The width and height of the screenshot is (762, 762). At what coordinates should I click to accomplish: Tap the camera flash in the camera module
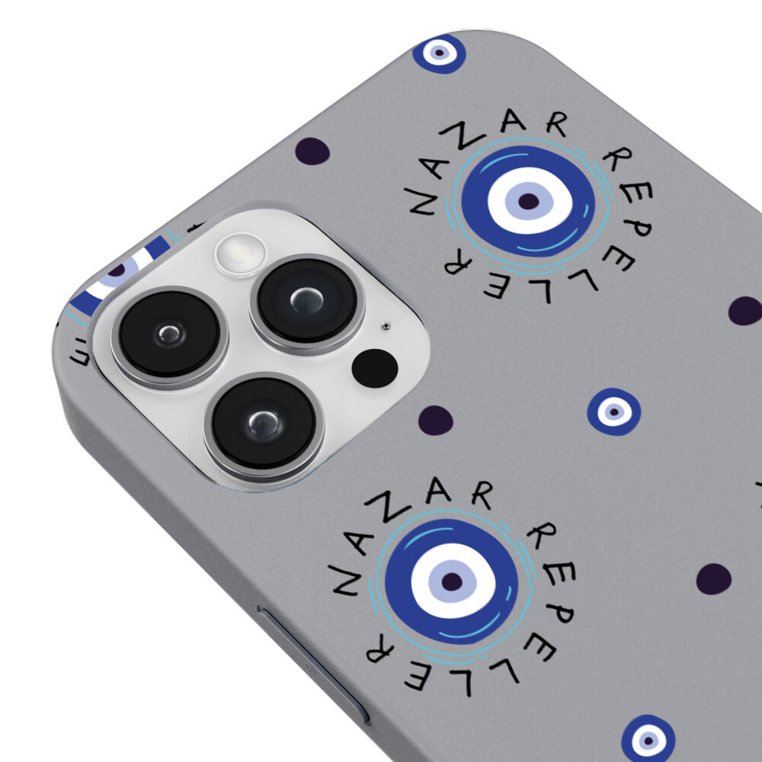[x=241, y=254]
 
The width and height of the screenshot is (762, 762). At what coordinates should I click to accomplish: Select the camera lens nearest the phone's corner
[x=170, y=335]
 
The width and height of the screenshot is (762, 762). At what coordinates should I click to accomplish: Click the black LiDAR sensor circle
[x=375, y=368]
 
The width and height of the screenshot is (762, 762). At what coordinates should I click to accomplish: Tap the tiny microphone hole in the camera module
[x=386, y=326]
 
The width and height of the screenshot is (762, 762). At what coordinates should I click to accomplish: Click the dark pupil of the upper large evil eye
[x=529, y=201]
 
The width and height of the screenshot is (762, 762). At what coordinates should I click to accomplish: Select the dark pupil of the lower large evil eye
[x=452, y=581]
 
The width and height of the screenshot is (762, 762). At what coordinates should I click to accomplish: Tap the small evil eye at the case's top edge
[x=440, y=53]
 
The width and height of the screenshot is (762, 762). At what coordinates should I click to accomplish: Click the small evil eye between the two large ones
[x=613, y=411]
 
